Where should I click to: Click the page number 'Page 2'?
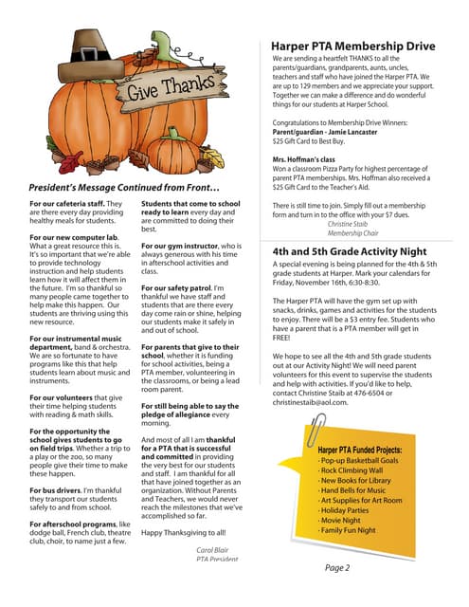(338, 568)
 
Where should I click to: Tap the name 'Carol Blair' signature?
(213, 550)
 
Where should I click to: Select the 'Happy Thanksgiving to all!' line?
(184, 533)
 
